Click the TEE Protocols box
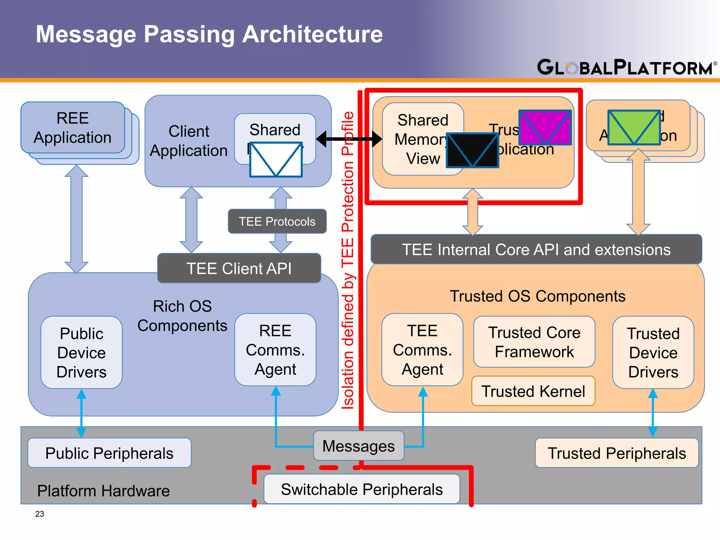[x=277, y=221]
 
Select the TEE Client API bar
[x=239, y=269]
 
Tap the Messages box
[x=359, y=446]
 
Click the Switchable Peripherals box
[x=362, y=489]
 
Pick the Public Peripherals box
[x=109, y=453]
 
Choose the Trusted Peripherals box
[x=617, y=453]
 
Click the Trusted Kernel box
[x=533, y=391]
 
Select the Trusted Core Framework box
[x=534, y=342]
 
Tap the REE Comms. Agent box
[x=275, y=350]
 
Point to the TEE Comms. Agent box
[x=422, y=350]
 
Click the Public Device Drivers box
[x=82, y=352]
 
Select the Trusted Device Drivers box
[x=653, y=352]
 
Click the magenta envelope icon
[x=545, y=127]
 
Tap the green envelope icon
[x=634, y=127]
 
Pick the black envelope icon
[x=472, y=150]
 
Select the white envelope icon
[x=276, y=159]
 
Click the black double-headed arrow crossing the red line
[x=349, y=139]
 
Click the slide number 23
[x=40, y=514]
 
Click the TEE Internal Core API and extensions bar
[x=536, y=250]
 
